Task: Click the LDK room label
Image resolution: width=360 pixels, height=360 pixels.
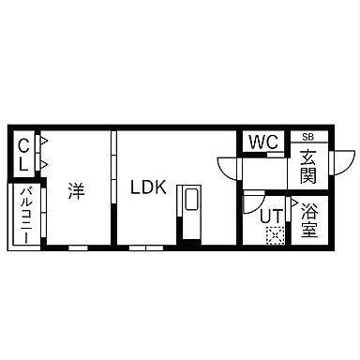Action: pos(147,187)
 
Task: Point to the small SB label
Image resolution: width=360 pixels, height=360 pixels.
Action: pos(307,136)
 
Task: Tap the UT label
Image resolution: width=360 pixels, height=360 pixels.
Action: pos(270,215)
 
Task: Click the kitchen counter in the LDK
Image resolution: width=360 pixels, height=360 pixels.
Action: pos(189,210)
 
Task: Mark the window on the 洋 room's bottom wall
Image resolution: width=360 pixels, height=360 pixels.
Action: pos(79,248)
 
